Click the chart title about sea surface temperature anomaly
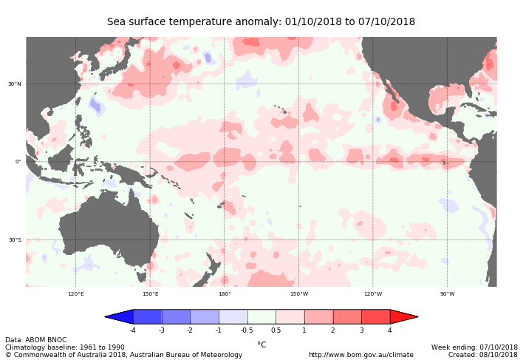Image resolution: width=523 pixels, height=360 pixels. [261, 22]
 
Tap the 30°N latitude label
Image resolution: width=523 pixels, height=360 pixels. [15, 84]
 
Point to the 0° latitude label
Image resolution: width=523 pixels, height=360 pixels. [18, 162]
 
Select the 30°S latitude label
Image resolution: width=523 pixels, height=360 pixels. [15, 240]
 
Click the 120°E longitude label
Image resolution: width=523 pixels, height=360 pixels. [76, 293]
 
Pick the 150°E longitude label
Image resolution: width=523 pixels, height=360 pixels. [150, 293]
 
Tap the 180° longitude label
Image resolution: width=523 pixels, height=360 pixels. [225, 293]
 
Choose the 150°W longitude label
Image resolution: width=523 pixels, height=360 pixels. [299, 293]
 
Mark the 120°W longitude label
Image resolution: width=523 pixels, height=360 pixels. [373, 293]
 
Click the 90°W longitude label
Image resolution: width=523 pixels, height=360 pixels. [448, 293]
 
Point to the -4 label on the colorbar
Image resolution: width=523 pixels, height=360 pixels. [133, 330]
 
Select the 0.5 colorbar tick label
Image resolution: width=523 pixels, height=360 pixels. [276, 330]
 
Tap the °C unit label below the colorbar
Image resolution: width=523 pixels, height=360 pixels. [261, 344]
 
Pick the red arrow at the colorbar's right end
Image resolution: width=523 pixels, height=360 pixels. [403, 316]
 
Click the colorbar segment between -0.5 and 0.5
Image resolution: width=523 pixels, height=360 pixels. [261, 316]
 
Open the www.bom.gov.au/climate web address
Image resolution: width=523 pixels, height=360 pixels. [360, 355]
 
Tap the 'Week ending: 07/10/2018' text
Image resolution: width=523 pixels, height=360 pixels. [474, 347]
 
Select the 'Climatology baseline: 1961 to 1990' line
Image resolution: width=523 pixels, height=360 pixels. [65, 347]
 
